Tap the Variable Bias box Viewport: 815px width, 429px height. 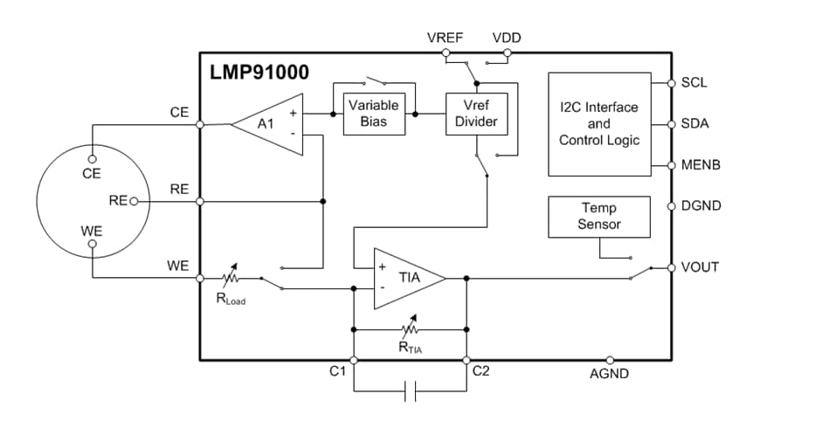point(373,113)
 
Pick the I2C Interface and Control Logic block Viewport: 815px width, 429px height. point(598,124)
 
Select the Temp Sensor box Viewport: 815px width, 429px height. point(598,216)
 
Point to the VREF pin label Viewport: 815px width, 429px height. point(445,38)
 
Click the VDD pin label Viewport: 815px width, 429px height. point(508,38)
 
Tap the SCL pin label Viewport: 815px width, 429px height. point(694,83)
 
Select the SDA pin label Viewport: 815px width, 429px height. point(694,124)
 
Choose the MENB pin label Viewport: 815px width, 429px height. point(700,165)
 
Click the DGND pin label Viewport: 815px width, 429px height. point(701,206)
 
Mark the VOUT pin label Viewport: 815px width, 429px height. point(700,266)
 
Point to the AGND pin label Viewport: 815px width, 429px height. point(609,374)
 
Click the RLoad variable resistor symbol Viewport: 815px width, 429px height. point(231,279)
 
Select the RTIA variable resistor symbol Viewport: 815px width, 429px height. point(409,329)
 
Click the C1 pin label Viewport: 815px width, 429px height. point(339,372)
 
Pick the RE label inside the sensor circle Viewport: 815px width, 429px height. point(118,201)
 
